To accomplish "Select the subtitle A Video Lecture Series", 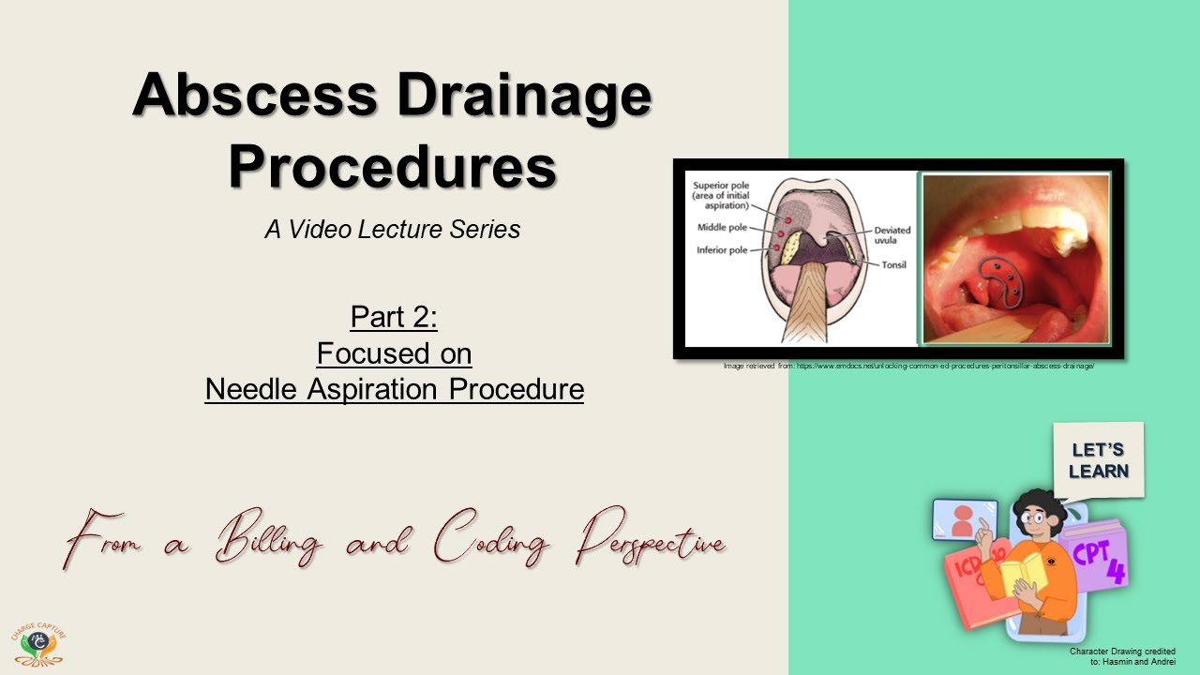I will click(x=392, y=230).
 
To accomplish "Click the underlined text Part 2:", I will click(x=394, y=317).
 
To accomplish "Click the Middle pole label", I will click(x=723, y=228).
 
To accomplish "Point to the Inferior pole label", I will click(x=724, y=250).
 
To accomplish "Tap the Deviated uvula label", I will click(x=892, y=236).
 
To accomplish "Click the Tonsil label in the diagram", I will click(x=892, y=265).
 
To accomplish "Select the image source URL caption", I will click(x=908, y=366).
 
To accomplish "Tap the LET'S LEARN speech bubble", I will click(x=1098, y=460).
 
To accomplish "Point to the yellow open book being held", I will click(x=1023, y=573).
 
